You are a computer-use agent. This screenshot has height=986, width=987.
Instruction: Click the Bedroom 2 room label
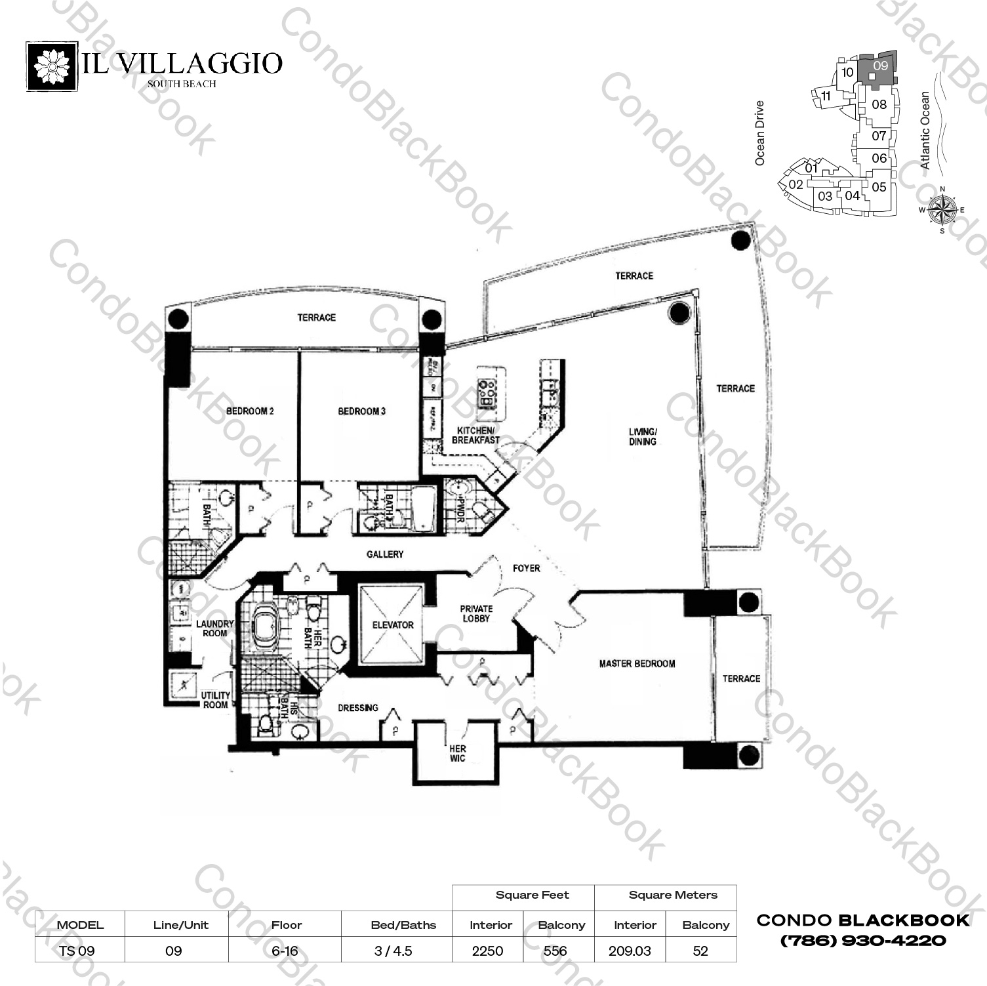pyautogui.click(x=250, y=411)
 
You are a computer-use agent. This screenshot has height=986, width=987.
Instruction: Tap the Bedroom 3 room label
pyautogui.click(x=361, y=411)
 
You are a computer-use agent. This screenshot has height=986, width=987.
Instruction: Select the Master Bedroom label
pyautogui.click(x=637, y=664)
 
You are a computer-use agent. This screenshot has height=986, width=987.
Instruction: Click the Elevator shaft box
pyautogui.click(x=392, y=625)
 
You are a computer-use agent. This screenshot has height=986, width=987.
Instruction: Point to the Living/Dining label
pyautogui.click(x=643, y=437)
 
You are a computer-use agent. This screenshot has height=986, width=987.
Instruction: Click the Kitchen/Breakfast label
pyautogui.click(x=475, y=436)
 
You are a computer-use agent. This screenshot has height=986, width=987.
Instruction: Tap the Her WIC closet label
pyautogui.click(x=458, y=753)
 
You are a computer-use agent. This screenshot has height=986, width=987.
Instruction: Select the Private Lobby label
pyautogui.click(x=476, y=613)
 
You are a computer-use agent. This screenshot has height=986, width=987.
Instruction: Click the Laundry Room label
pyautogui.click(x=214, y=628)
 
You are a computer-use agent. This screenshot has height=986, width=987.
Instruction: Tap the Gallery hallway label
pyautogui.click(x=385, y=554)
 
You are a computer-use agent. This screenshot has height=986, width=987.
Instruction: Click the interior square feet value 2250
pyautogui.click(x=488, y=951)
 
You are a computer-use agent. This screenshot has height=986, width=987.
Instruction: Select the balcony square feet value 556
pyautogui.click(x=555, y=951)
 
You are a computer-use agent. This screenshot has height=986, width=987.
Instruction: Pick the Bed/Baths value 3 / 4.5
pyautogui.click(x=393, y=951)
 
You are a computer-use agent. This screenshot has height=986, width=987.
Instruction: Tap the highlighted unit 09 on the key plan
pyautogui.click(x=880, y=68)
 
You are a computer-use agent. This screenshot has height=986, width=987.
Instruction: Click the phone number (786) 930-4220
pyautogui.click(x=863, y=941)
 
